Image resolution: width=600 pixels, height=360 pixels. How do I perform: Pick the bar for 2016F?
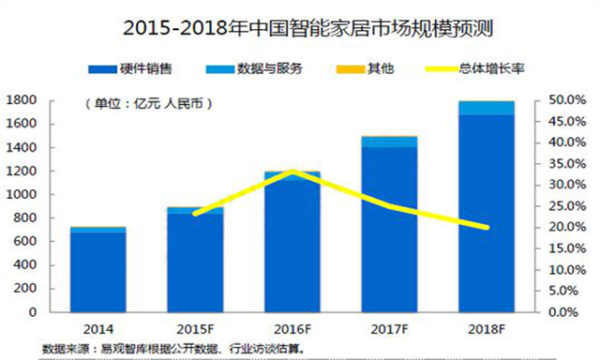[292, 244]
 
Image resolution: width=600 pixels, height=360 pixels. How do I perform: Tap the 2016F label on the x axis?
[292, 329]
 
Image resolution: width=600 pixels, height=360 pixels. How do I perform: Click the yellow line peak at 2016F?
[292, 172]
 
